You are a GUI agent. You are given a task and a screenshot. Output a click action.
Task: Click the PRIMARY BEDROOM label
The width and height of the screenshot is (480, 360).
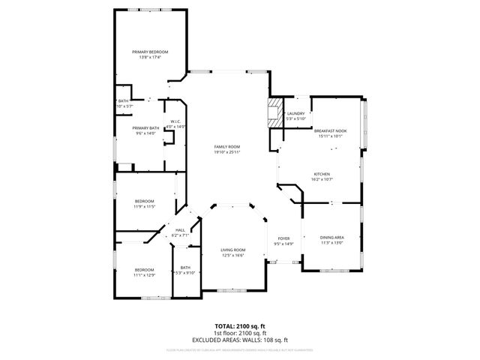click(150, 52)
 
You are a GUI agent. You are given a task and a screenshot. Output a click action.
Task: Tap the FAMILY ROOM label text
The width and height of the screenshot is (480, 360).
click(226, 146)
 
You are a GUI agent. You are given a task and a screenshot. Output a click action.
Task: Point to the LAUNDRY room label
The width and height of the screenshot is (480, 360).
click(295, 113)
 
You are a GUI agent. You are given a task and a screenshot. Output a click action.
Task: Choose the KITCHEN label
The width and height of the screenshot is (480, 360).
click(322, 173)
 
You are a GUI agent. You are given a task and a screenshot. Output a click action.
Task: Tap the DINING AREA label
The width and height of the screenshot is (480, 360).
click(331, 237)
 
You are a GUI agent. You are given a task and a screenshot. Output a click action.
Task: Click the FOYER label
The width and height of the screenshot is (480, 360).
click(283, 238)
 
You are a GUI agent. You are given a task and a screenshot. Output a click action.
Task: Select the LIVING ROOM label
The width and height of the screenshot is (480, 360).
click(232, 250)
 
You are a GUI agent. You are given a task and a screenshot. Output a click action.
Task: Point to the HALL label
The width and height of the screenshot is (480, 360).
click(180, 230)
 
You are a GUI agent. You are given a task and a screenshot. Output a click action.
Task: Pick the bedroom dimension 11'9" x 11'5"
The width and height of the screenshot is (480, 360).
click(144, 206)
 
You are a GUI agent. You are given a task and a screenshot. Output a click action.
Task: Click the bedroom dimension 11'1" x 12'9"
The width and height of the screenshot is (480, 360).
click(144, 275)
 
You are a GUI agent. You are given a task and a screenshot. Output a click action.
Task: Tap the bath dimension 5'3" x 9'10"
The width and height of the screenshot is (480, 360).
click(184, 273)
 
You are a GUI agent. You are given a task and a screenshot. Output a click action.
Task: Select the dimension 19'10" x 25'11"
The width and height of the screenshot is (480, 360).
click(226, 152)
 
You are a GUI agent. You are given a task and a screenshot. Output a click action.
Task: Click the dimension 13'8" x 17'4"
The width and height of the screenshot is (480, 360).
click(150, 57)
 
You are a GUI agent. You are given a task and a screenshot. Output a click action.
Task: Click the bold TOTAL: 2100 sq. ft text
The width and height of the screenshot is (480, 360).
click(239, 327)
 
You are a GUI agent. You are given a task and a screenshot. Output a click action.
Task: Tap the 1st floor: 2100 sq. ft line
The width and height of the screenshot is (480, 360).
click(239, 333)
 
